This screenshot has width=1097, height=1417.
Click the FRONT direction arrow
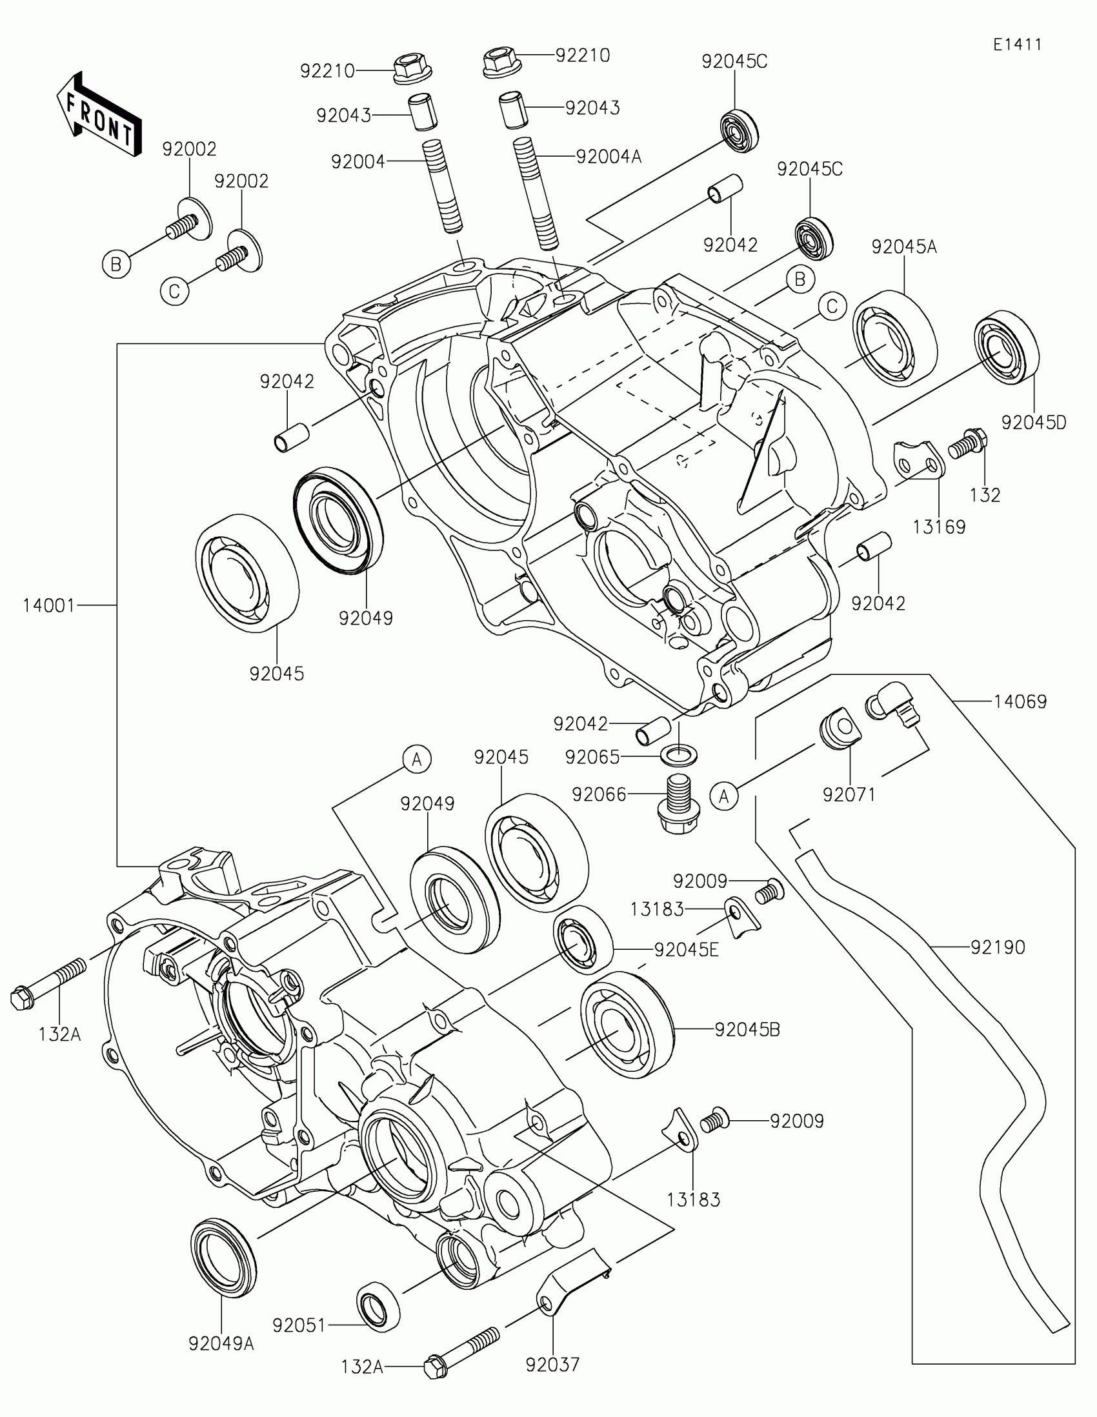(98, 114)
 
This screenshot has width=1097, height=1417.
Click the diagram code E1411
(1017, 45)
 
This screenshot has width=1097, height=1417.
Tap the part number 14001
(49, 606)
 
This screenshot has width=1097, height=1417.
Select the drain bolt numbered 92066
(678, 804)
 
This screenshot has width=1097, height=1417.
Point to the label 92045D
(1034, 423)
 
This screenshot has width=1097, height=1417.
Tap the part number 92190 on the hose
(998, 948)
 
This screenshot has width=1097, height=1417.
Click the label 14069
(1020, 701)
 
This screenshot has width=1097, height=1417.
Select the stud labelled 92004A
(536, 194)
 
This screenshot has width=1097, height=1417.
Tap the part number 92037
(553, 1365)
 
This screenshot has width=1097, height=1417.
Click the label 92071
(849, 795)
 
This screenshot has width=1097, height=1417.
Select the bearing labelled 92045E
(583, 940)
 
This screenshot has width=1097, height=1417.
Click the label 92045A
(904, 247)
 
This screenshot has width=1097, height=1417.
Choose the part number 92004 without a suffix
(358, 162)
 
